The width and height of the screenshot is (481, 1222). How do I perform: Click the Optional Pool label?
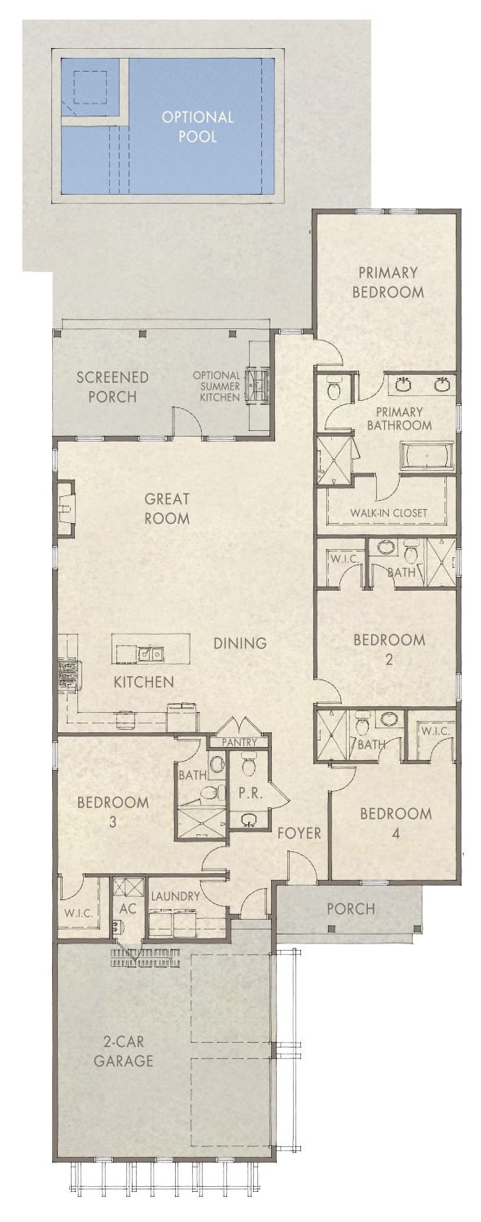pos(197,126)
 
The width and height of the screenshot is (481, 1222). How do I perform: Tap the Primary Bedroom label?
pos(387,282)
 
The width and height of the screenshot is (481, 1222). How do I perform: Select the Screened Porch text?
pos(112,387)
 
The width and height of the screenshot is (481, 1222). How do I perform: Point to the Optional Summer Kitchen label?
pos(216,386)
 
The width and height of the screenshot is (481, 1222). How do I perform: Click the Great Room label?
pos(167,508)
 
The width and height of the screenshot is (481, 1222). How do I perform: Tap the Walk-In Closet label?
pos(388,513)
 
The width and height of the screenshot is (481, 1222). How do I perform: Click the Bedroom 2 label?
pos(388,648)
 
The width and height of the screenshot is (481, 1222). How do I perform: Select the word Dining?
pos(240,643)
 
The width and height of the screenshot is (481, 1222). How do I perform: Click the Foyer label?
pos(299,833)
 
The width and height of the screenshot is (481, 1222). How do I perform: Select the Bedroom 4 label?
pos(396,823)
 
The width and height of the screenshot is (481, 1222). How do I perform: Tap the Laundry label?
pos(175,896)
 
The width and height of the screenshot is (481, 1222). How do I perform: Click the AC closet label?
pos(128,908)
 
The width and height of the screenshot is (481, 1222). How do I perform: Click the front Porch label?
pos(351,908)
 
